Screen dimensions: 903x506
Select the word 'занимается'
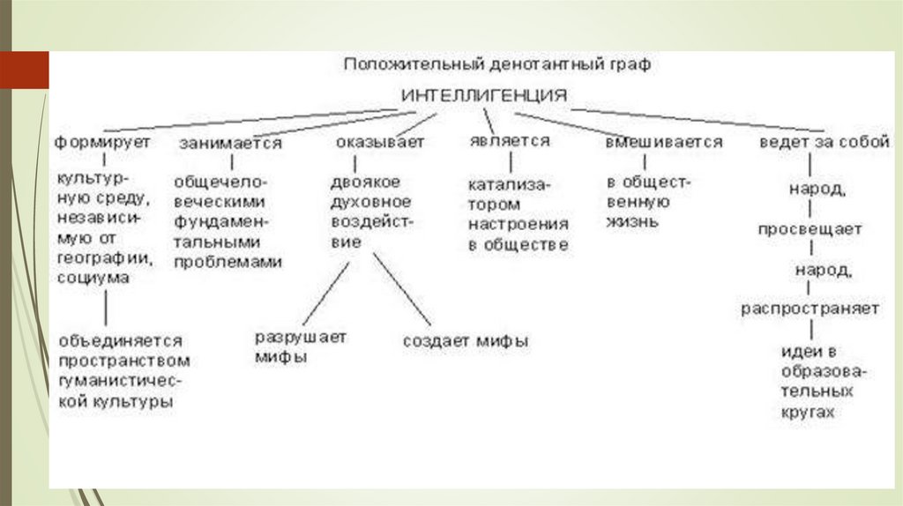click(x=231, y=143)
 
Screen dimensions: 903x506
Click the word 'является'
click(x=511, y=141)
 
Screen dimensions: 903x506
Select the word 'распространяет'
click(x=810, y=309)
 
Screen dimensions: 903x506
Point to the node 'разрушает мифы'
click(x=300, y=347)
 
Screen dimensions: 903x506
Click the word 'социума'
click(x=93, y=279)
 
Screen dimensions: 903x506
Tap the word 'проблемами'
click(x=228, y=262)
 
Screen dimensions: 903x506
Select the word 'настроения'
click(x=519, y=224)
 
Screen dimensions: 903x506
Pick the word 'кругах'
click(x=806, y=411)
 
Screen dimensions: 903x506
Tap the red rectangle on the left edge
click(x=24, y=70)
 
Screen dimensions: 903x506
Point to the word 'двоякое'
click(x=365, y=182)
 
